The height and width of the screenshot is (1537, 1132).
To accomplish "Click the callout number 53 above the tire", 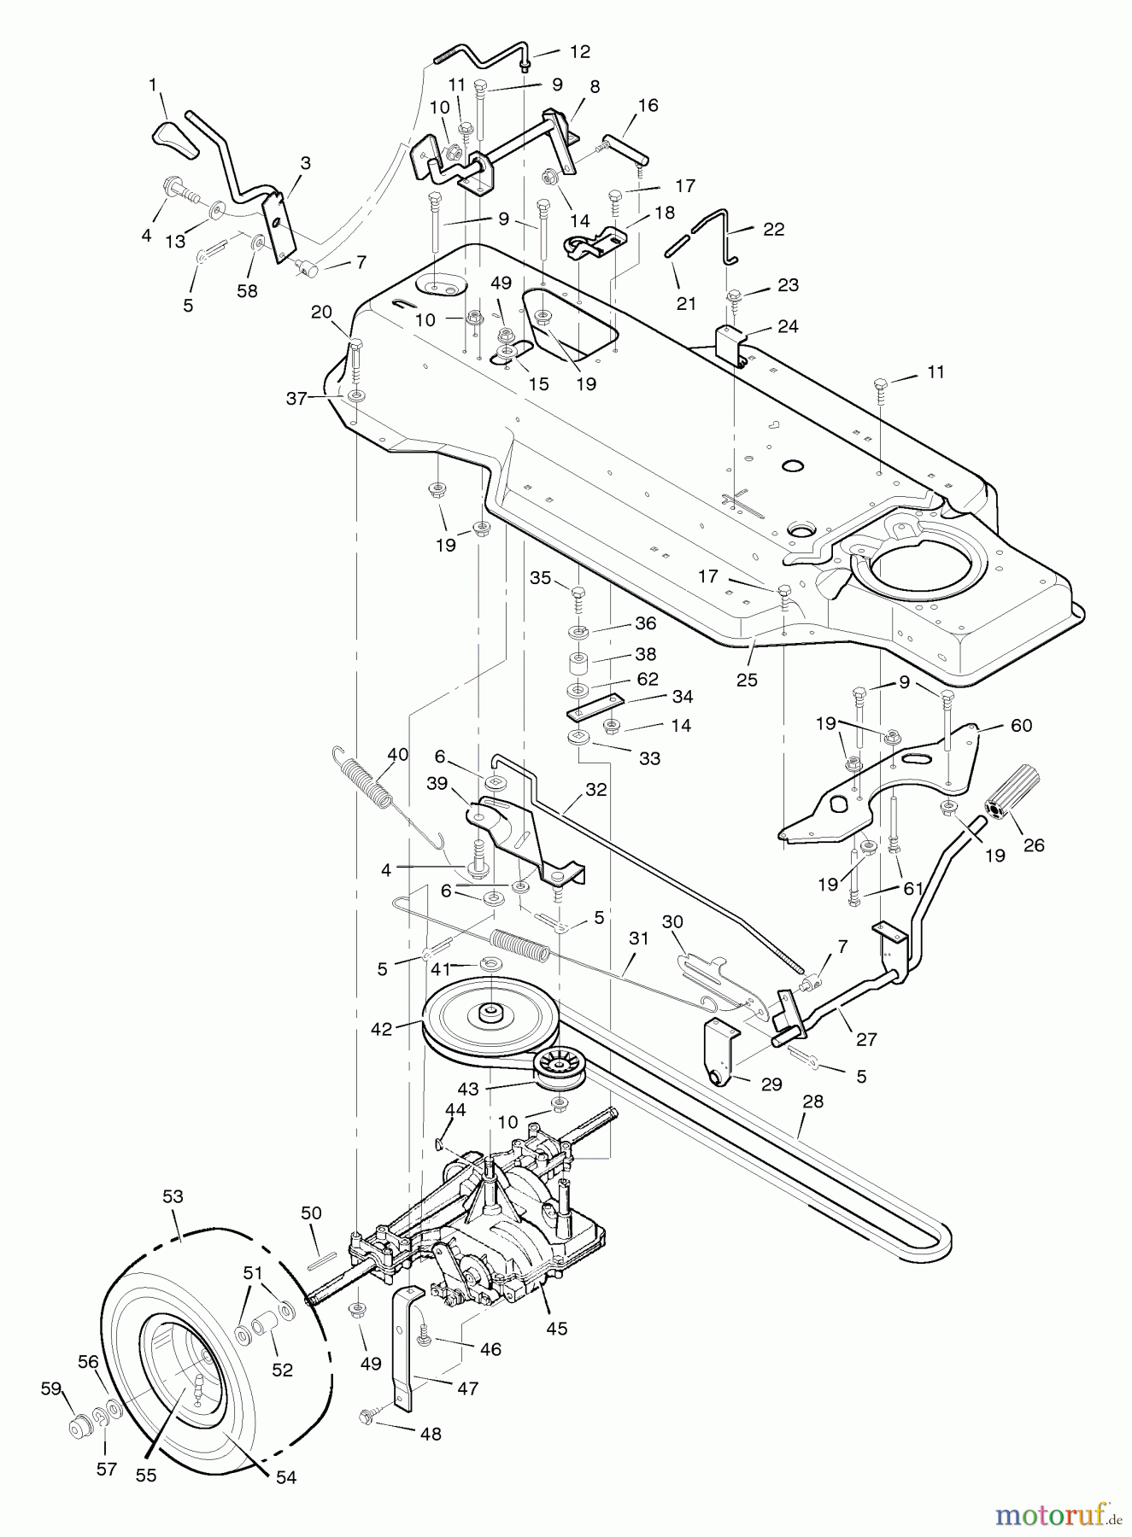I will click(x=173, y=1196).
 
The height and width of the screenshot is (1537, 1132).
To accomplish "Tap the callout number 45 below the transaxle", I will click(x=558, y=1329).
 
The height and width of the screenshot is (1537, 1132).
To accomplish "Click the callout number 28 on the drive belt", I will click(x=812, y=1102).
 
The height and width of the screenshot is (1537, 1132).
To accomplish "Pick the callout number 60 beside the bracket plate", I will click(x=1021, y=725).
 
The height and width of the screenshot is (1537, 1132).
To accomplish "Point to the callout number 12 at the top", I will click(x=579, y=52).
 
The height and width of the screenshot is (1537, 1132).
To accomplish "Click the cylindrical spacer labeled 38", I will click(x=580, y=663).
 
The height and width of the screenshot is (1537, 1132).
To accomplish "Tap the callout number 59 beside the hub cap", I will click(x=51, y=1389).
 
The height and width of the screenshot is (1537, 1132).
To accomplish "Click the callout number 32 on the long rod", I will click(x=595, y=790).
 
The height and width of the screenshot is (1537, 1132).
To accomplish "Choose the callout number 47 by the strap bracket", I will click(x=467, y=1388).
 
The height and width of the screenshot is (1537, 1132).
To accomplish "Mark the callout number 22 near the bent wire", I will click(x=773, y=229).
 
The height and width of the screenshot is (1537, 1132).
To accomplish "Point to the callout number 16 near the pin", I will click(x=648, y=105).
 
